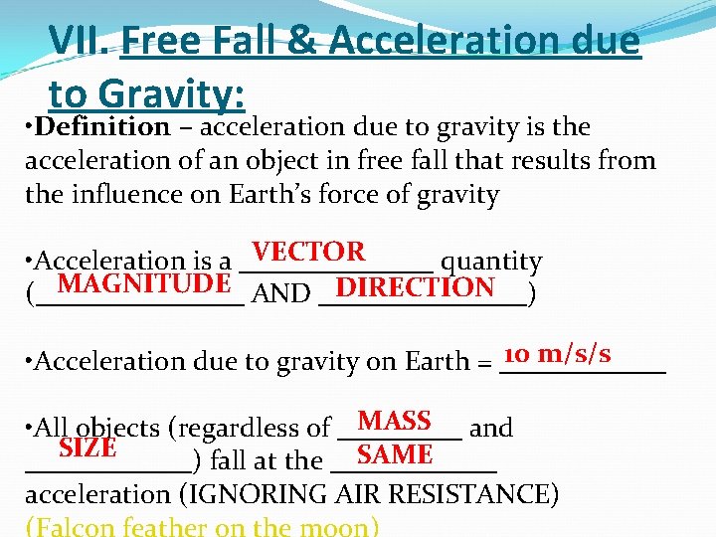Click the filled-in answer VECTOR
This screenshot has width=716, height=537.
(308, 252)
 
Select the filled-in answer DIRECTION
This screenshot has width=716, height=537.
(416, 288)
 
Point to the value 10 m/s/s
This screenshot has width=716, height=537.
(557, 354)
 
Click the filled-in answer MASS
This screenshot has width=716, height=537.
(394, 421)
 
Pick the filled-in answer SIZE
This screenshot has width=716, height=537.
(88, 448)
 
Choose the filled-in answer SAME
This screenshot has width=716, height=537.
(395, 454)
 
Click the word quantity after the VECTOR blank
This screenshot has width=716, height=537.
(491, 263)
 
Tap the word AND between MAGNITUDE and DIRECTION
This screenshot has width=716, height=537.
(281, 294)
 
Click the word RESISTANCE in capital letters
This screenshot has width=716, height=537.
(477, 494)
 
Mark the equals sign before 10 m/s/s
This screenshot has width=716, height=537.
(484, 361)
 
